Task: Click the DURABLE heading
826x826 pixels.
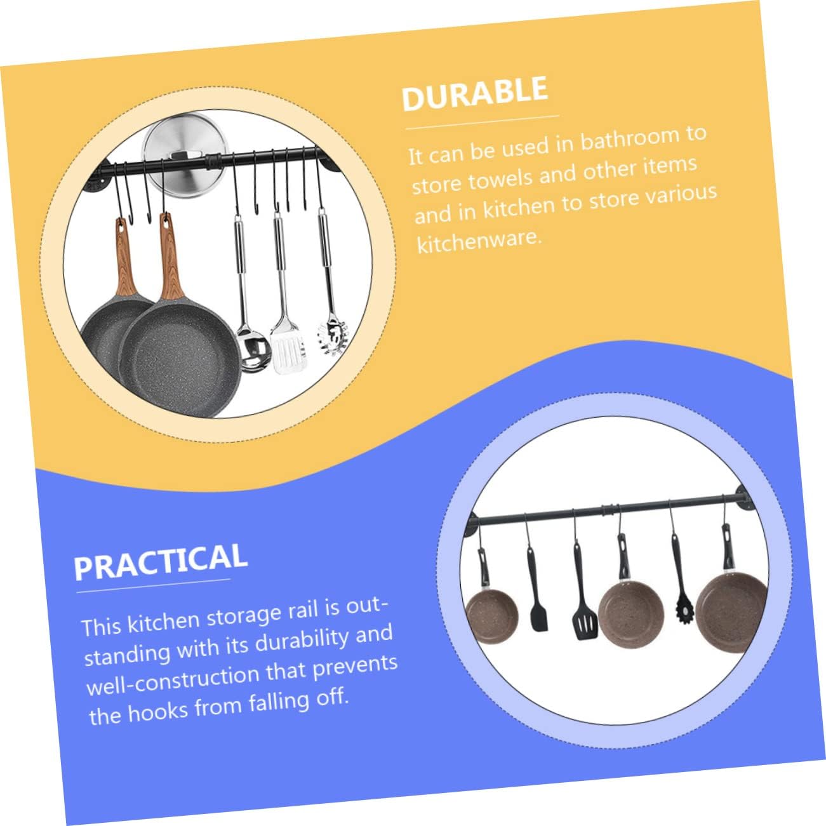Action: (x=474, y=93)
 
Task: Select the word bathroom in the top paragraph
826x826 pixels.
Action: (x=629, y=138)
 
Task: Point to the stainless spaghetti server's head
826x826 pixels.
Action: (x=333, y=334)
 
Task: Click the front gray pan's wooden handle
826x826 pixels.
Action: (x=170, y=260)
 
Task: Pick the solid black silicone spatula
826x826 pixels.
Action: (x=538, y=613)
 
